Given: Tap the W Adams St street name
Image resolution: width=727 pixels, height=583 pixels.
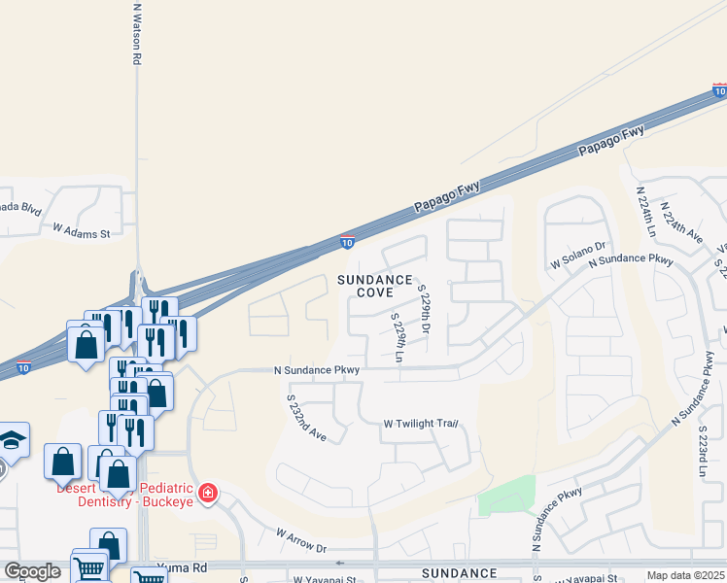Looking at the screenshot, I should (x=82, y=232).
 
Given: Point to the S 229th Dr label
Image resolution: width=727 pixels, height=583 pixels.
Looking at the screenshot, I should (x=424, y=309).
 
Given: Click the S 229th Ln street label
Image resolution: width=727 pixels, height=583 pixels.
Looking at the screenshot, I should (x=398, y=338).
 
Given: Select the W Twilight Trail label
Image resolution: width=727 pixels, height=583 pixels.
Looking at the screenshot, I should (x=420, y=424).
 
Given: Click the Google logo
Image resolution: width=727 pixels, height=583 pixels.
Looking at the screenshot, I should (x=32, y=571).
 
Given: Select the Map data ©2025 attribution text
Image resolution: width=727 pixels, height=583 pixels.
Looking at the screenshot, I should (x=685, y=575).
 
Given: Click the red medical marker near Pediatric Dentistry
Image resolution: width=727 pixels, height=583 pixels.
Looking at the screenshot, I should (x=207, y=494).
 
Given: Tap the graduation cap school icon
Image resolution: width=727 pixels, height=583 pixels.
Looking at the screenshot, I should (x=13, y=439).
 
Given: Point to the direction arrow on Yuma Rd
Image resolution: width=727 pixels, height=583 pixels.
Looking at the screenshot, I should (x=339, y=563).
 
